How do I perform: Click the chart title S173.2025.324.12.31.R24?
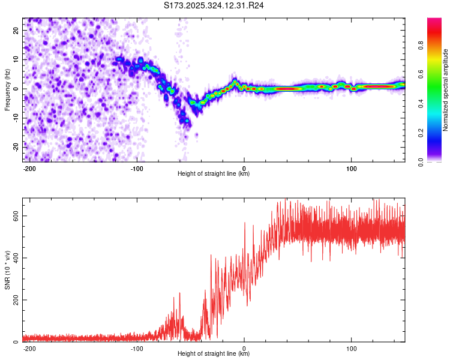(214, 6)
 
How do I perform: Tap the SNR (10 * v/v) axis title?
(7, 269)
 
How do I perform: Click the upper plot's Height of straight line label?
(214, 173)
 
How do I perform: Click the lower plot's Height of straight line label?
(214, 353)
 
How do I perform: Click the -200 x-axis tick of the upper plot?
(29, 168)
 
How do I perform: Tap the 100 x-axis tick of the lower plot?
(351, 348)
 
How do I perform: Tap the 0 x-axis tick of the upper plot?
(244, 168)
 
